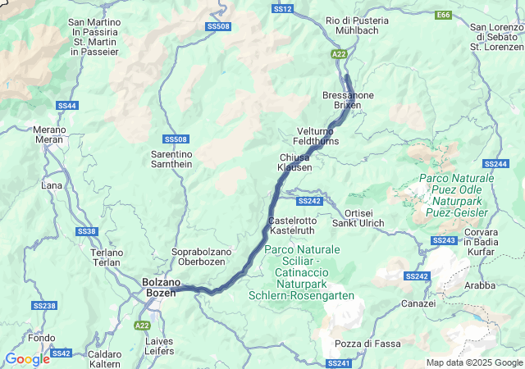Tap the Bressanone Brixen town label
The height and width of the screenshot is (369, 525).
[x=348, y=101]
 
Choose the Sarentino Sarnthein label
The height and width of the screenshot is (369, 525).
[x=171, y=158]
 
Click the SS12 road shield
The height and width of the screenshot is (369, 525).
[x=282, y=8]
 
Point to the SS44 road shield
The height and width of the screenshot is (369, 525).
[x=67, y=106]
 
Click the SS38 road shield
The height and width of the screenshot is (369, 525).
[x=87, y=232]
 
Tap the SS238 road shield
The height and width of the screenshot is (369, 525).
[x=44, y=306]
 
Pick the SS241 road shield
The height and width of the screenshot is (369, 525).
[x=338, y=362]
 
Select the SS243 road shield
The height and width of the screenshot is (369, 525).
[x=443, y=239]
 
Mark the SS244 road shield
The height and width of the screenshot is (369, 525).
[x=495, y=164]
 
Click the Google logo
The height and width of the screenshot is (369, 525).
[x=27, y=359]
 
